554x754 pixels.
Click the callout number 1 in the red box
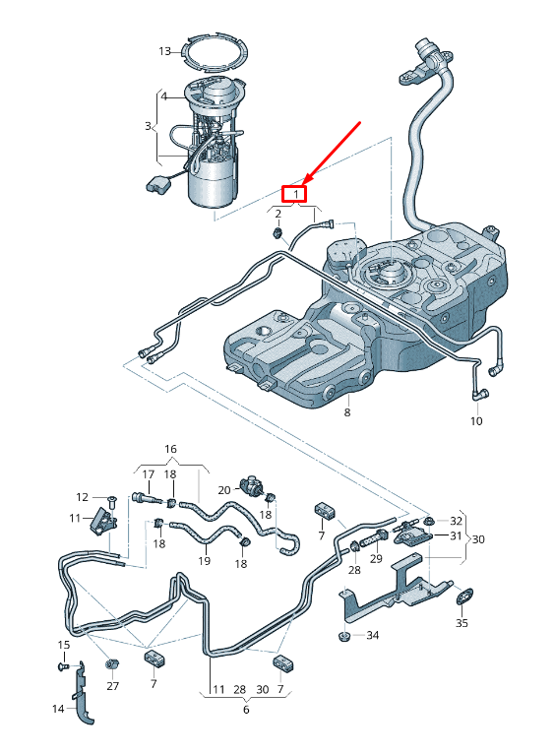point(294,194)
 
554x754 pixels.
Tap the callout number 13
point(165,50)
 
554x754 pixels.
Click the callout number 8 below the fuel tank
point(346,413)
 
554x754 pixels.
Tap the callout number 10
point(476,421)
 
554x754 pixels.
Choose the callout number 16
point(170,449)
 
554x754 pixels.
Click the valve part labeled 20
point(255,484)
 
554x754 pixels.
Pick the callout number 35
point(462,623)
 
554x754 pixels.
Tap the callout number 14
point(58,708)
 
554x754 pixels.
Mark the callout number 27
point(112,685)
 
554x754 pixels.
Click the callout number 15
point(63,645)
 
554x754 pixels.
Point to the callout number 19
point(205,561)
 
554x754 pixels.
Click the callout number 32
point(456,520)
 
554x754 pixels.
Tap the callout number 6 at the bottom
point(246,709)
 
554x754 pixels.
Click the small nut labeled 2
point(279,233)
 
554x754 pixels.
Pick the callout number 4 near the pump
point(164,96)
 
